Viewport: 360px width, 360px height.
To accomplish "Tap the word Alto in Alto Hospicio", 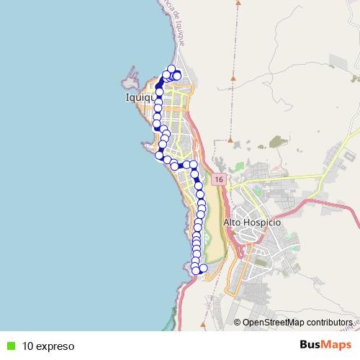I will pos(233,222).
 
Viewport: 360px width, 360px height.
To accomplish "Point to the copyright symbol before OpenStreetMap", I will pos(238,322).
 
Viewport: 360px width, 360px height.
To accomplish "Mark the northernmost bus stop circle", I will pos(171,69).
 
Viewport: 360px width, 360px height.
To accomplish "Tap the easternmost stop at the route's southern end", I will pos(203,269).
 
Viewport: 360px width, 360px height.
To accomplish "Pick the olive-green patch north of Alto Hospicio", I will pos(276,142).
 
